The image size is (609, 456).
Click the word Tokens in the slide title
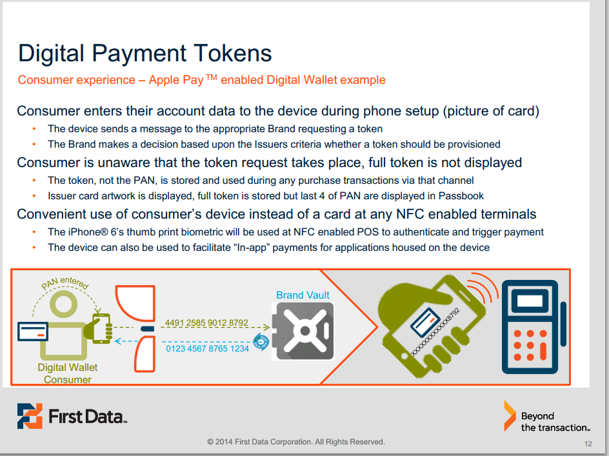click(232, 54)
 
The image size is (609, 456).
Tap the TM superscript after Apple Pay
click(211, 77)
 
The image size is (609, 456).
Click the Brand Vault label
click(303, 295)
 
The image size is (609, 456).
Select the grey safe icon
click(303, 332)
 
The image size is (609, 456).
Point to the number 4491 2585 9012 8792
click(206, 322)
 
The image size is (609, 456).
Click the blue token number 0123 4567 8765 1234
click(207, 348)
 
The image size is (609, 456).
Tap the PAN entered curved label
click(65, 283)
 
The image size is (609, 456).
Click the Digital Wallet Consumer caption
click(68, 373)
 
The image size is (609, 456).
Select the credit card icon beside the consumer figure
click(33, 332)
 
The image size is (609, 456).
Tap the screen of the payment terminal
click(530, 301)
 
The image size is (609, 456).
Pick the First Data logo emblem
click(30, 416)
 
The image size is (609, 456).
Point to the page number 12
click(588, 444)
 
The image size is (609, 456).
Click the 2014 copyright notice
click(296, 442)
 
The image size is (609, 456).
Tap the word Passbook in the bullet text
click(461, 196)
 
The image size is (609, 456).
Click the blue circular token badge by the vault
click(261, 342)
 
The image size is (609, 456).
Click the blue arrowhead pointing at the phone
click(119, 341)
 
